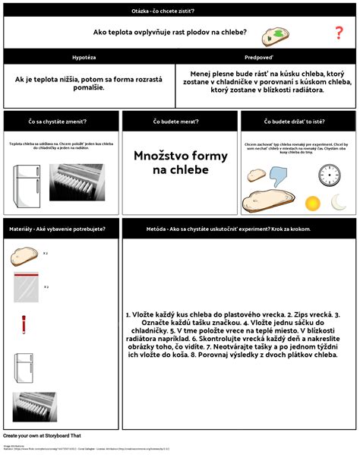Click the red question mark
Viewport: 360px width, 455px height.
coord(339,33)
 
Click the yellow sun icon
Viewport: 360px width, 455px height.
coord(312,203)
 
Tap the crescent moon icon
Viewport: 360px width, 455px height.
coord(339,201)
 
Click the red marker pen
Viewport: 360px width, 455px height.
coord(24,324)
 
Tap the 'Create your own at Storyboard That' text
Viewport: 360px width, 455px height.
coord(43,435)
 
